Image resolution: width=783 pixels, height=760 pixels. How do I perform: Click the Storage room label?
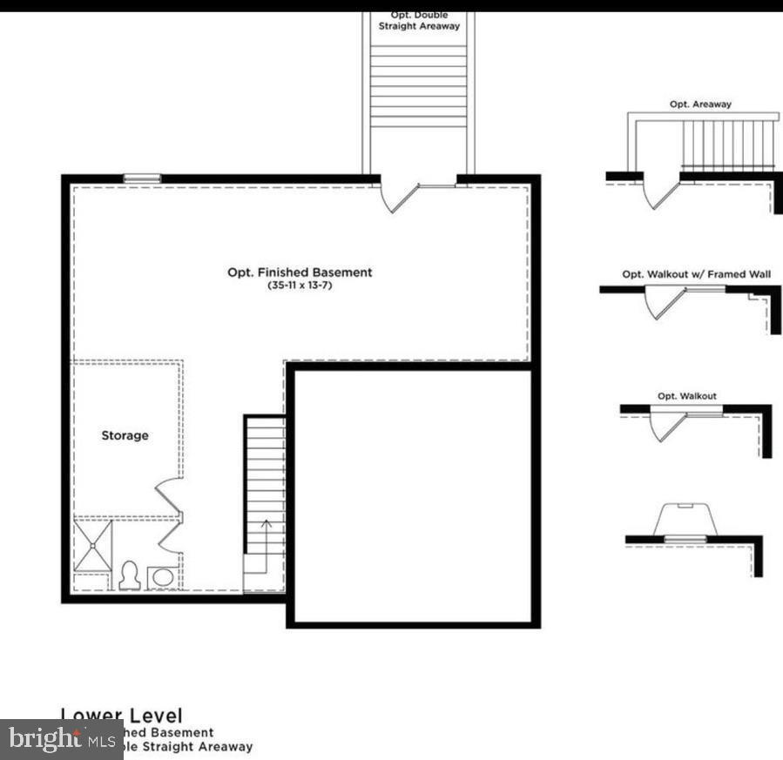(x=125, y=435)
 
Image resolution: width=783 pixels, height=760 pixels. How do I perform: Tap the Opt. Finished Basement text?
(x=300, y=272)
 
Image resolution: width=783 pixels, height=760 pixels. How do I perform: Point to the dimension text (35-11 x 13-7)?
(x=300, y=286)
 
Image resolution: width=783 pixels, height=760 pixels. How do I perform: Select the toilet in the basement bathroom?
(x=130, y=575)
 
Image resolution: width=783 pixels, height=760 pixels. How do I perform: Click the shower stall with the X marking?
(x=92, y=545)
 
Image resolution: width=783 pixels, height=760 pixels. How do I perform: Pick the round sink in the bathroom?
(x=163, y=577)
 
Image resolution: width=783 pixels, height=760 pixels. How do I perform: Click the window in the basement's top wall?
(x=142, y=178)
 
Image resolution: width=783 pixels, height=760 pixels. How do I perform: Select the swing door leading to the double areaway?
(x=397, y=197)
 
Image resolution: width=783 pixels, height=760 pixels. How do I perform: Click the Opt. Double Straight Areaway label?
(x=419, y=21)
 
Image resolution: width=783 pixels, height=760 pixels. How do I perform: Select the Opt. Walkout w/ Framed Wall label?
(x=696, y=274)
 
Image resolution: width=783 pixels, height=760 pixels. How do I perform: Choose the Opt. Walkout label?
(x=686, y=396)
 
